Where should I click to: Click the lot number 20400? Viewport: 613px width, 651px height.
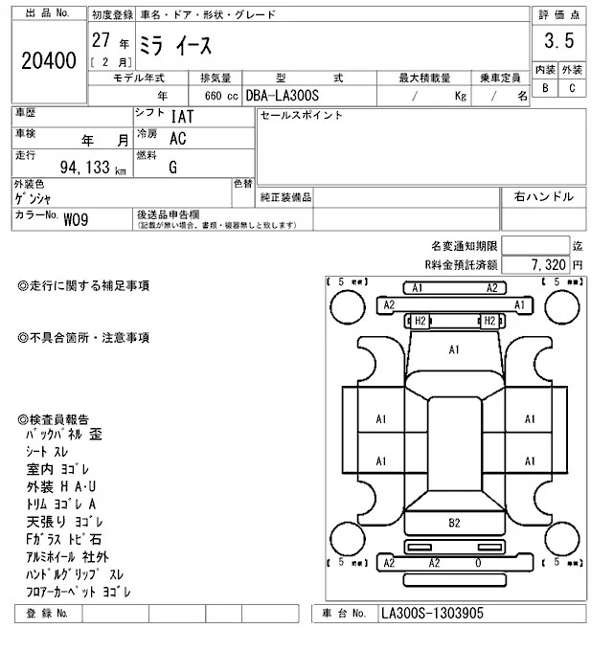[x=48, y=61]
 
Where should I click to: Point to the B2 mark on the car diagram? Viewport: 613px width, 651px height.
[x=454, y=522]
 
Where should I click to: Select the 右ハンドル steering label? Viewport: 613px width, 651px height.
[x=544, y=197]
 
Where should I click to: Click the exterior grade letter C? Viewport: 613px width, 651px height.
[x=572, y=88]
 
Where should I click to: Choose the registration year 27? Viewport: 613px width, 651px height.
[x=100, y=41]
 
